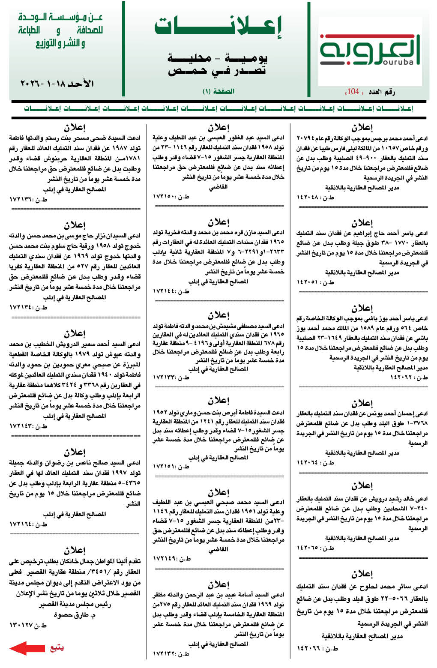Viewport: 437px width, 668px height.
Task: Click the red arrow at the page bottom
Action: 27,648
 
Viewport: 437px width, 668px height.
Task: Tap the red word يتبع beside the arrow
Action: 57,648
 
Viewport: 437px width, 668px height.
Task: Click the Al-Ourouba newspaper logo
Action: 369,51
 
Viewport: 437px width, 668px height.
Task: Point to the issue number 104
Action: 353,91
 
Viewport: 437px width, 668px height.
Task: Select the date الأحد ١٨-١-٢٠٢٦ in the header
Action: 57,84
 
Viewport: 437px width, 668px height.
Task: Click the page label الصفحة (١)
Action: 218,91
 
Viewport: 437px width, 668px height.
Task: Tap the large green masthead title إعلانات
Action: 218,27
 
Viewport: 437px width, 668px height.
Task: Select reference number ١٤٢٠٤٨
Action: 316,197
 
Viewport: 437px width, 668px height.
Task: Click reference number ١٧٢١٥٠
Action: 171,197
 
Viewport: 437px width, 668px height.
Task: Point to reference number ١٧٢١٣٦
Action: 28,200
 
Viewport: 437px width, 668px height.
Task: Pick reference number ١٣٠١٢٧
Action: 28,625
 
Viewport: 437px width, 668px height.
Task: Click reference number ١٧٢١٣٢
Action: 171,654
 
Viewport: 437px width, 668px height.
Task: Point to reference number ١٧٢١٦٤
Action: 28,524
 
